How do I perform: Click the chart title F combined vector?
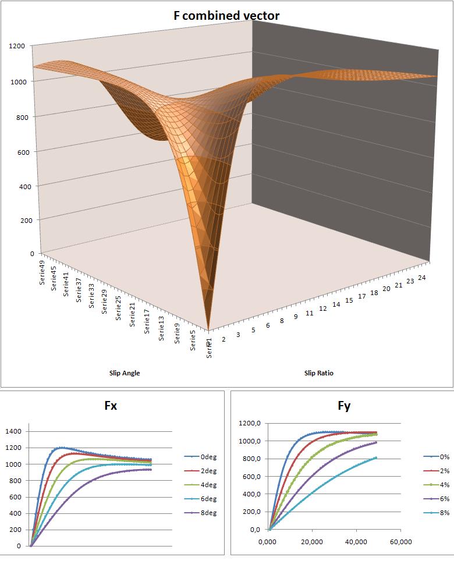[x=227, y=16]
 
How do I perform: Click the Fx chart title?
[x=110, y=406]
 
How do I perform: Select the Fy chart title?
[x=344, y=406]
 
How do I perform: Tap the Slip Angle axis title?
[x=125, y=373]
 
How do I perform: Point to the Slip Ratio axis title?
[x=319, y=373]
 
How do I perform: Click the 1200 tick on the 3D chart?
[x=16, y=45]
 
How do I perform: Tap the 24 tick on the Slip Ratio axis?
[x=422, y=278]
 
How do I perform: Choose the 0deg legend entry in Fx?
[x=201, y=457]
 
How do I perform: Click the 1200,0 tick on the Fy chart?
[x=251, y=423]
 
